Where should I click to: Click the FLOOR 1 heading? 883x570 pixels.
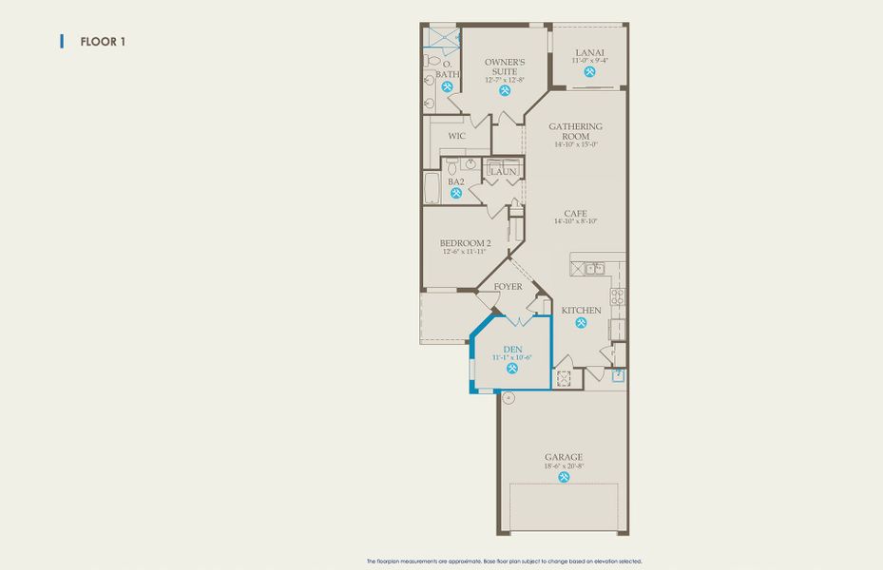pos(98,42)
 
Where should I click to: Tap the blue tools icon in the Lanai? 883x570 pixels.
pos(589,72)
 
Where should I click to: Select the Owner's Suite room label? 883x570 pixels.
pos(504,67)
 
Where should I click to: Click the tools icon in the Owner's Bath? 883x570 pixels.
pos(447,86)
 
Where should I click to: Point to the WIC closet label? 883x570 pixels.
pos(456,136)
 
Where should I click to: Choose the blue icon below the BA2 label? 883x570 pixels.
pos(456,194)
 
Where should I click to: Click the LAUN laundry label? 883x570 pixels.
pos(504,172)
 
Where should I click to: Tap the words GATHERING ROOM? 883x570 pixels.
pos(575,131)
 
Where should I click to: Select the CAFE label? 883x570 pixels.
pos(575,214)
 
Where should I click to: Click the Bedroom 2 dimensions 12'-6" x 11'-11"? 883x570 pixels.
pos(465,252)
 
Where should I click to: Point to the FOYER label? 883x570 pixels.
pos(508,286)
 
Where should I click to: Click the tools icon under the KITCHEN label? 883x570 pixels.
pos(580,323)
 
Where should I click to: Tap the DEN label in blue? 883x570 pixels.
pos(512,350)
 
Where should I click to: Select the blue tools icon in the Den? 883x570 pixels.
pos(512,370)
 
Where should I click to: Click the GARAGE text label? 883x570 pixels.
pos(564,456)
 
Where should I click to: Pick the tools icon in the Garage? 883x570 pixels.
pos(564,477)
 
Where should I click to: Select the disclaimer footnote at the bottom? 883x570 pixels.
pos(510,561)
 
